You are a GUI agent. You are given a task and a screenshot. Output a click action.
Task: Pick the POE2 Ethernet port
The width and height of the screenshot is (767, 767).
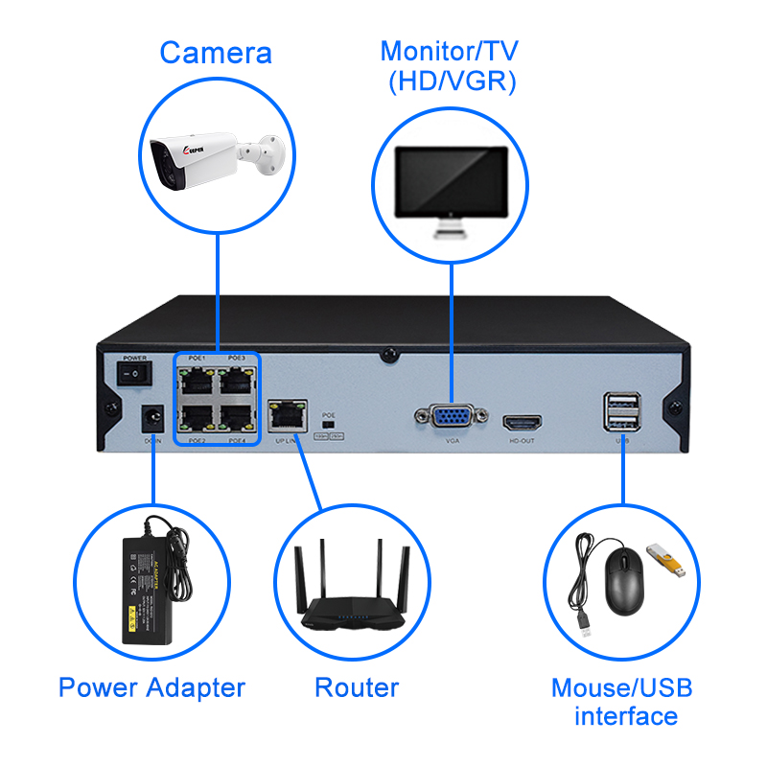coord(198,417)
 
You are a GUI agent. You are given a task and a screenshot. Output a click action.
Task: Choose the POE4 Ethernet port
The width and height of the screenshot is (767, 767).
coord(236,417)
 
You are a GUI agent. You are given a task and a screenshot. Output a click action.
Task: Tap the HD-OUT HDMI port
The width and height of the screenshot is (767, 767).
coord(523,422)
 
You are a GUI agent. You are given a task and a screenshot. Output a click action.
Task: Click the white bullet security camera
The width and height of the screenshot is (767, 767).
coord(214,159)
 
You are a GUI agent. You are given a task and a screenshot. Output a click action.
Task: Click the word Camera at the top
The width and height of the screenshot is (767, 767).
coord(216,53)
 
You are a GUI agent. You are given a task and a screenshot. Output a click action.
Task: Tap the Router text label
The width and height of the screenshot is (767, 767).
coord(356,687)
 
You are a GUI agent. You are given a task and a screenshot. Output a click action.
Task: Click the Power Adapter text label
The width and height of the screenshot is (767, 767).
coord(151,687)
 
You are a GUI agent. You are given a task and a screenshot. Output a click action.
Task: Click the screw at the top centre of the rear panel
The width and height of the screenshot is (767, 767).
coord(387,354)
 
